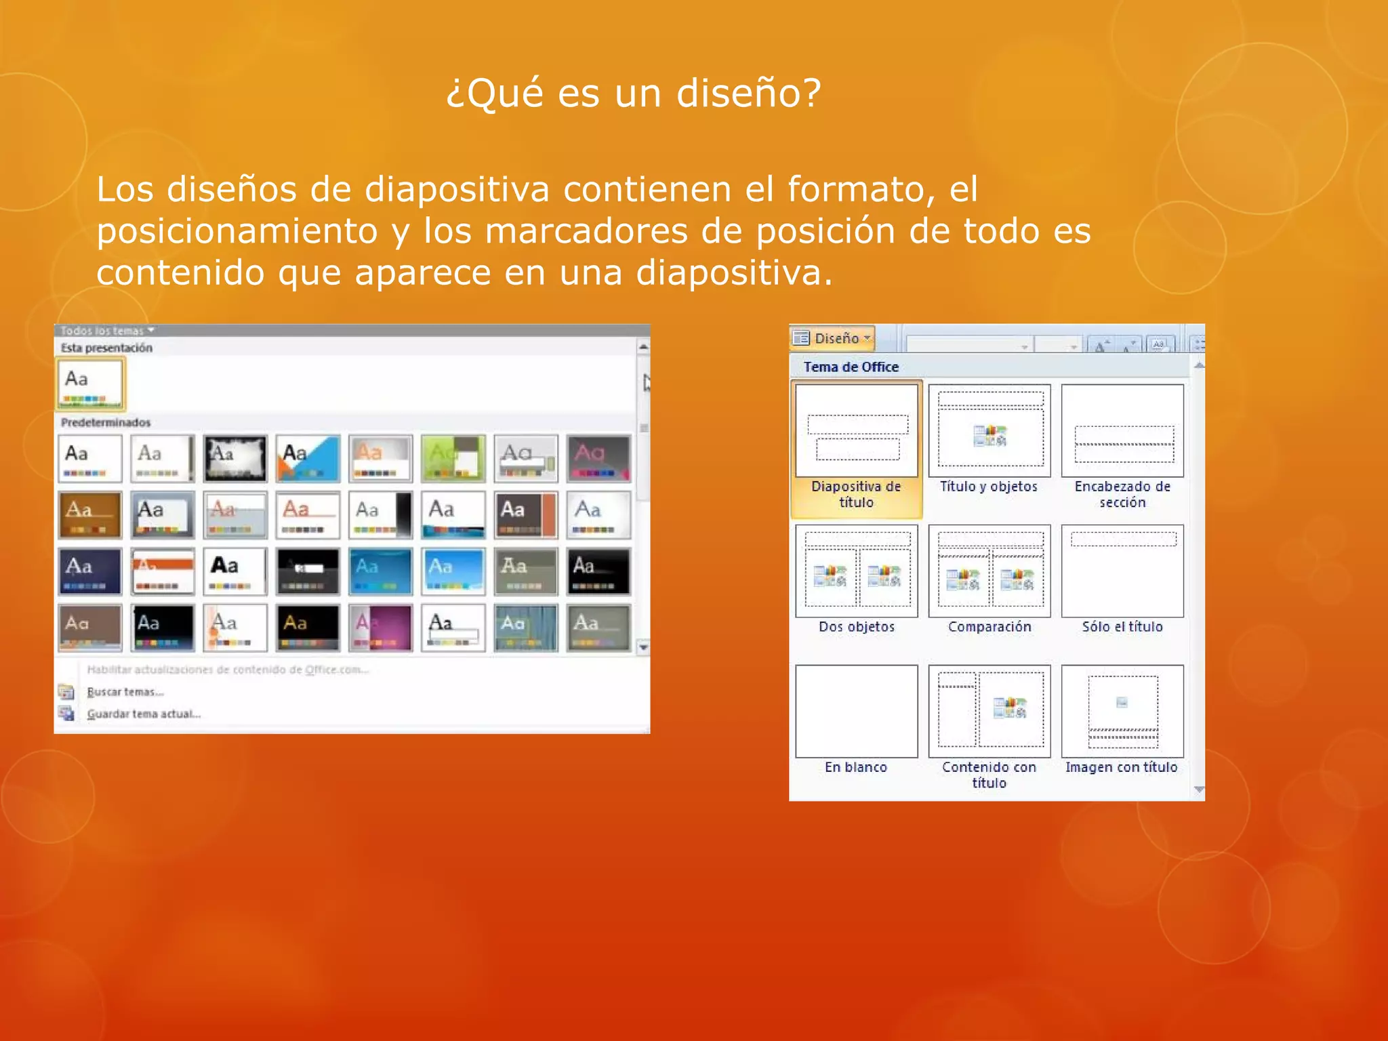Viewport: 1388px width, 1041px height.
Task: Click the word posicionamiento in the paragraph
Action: coord(237,231)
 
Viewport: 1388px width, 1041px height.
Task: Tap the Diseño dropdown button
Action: coord(833,338)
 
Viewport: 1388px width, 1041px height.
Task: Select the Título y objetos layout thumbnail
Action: coord(989,431)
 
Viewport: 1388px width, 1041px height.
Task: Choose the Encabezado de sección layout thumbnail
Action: coord(1122,431)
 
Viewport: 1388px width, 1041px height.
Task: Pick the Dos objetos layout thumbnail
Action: coord(856,571)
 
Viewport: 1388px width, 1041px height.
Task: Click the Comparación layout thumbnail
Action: coord(989,571)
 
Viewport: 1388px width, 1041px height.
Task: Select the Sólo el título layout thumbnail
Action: coord(1122,571)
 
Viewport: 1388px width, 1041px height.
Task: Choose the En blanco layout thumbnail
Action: coord(856,711)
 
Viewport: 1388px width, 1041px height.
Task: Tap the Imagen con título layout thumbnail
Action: coord(1122,711)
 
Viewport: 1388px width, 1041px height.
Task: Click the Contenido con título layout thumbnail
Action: coord(989,711)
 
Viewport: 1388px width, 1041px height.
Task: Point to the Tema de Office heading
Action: coord(851,367)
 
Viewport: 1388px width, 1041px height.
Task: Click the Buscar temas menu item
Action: coord(125,692)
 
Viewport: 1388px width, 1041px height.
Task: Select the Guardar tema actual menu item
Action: coord(144,714)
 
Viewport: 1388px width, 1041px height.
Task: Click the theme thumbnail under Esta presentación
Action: coord(90,384)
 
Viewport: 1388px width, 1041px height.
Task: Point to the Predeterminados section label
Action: coord(106,422)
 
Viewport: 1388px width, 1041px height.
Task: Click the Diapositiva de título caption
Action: coord(856,494)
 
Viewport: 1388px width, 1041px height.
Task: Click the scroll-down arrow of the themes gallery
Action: coord(643,647)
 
